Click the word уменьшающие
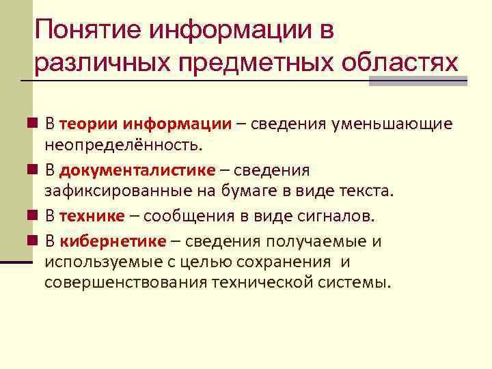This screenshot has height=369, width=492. [x=392, y=124]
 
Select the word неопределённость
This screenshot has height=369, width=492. [x=124, y=144]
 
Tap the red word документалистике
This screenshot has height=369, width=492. [x=137, y=169]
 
